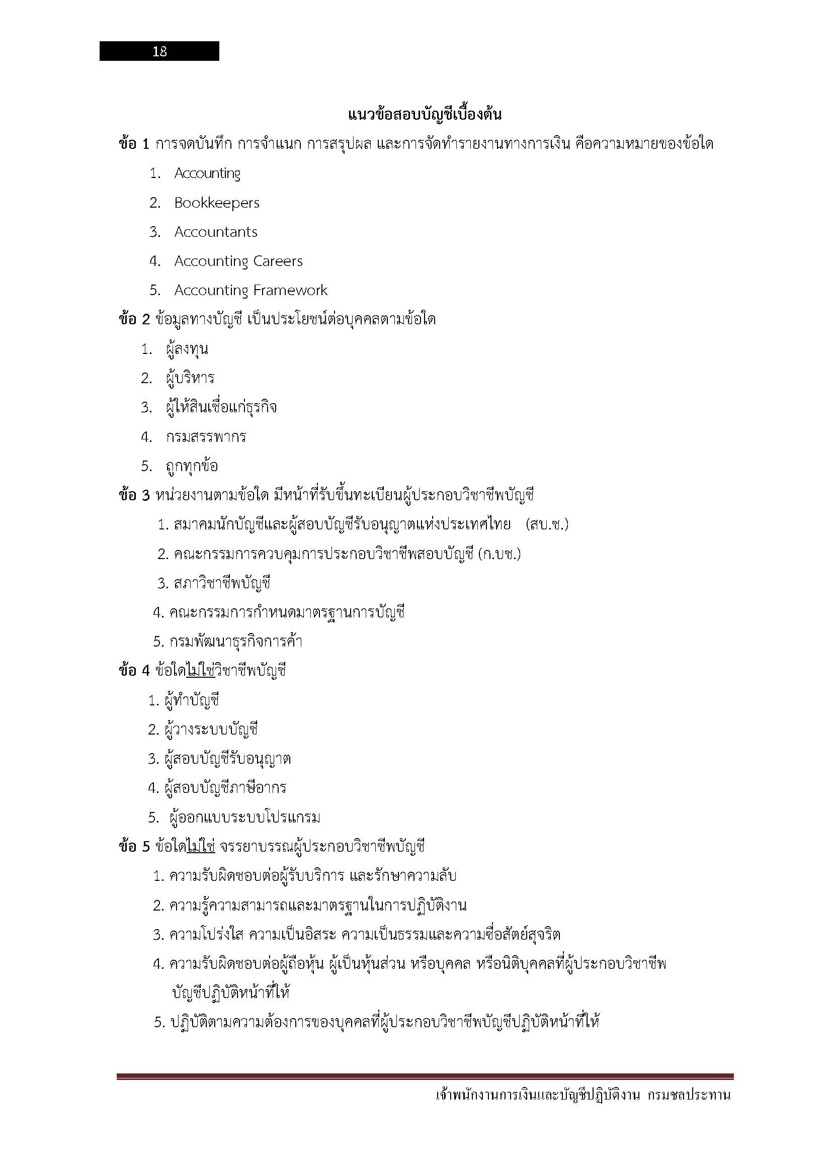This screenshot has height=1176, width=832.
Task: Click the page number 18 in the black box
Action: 159,51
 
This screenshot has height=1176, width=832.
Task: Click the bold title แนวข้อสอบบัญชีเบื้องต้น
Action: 424,114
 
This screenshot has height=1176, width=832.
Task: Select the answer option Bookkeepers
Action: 217,203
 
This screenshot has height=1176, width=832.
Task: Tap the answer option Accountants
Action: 216,232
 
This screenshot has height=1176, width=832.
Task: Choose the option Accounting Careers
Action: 238,261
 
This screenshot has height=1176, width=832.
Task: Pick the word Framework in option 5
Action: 290,291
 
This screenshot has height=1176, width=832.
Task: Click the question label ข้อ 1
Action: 134,144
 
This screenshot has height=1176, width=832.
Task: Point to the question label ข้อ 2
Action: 134,320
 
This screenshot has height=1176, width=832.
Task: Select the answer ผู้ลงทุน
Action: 187,349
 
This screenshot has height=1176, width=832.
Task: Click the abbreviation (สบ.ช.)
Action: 547,525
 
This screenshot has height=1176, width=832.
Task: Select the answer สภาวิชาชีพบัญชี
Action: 222,583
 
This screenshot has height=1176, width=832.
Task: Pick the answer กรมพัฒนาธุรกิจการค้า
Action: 235,642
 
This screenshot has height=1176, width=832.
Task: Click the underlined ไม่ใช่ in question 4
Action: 200,671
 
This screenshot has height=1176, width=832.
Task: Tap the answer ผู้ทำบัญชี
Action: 192,700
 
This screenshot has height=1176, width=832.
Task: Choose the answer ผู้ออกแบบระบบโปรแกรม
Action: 244,818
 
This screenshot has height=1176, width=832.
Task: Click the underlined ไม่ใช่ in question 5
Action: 201,847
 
